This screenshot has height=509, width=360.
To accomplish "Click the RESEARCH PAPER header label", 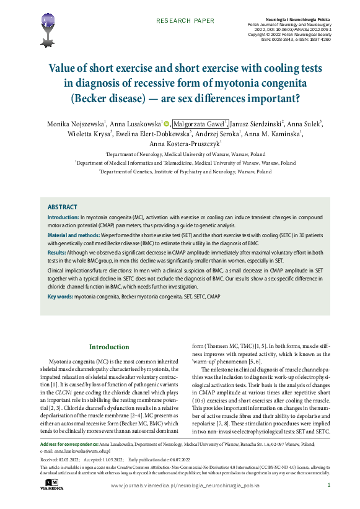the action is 185,20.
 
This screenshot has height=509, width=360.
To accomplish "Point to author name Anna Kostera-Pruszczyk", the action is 185,144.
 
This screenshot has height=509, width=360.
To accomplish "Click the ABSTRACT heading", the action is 62,207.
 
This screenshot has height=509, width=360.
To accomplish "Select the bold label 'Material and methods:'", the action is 73,235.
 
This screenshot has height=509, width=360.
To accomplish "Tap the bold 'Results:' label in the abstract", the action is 57,253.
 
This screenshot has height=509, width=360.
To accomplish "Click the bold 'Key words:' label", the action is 60,297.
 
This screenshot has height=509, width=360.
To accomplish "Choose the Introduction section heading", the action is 109,347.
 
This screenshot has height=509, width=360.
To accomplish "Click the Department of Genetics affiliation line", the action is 185,171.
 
